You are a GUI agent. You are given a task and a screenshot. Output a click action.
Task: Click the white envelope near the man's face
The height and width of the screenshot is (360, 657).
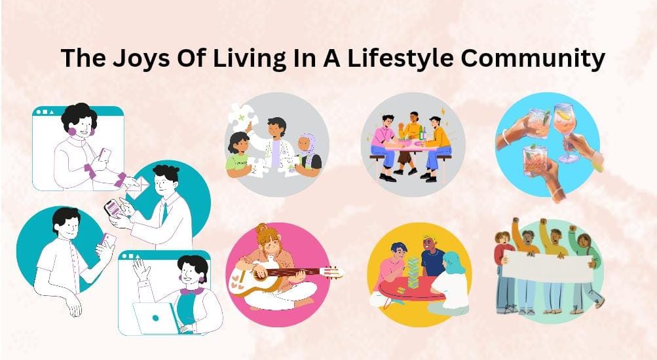(x=139, y=188)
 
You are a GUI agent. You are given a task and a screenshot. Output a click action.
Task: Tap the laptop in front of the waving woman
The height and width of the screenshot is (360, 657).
(x=156, y=318)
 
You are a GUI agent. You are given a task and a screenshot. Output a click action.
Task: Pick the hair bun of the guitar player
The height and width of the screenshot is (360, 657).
(x=262, y=229)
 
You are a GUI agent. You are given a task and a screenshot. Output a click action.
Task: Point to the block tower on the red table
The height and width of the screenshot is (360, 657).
(x=413, y=272)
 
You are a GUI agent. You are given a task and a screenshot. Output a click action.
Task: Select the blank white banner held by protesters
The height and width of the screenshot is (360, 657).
(x=548, y=267)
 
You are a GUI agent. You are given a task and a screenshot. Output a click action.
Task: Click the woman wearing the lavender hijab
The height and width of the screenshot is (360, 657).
(x=309, y=153)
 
